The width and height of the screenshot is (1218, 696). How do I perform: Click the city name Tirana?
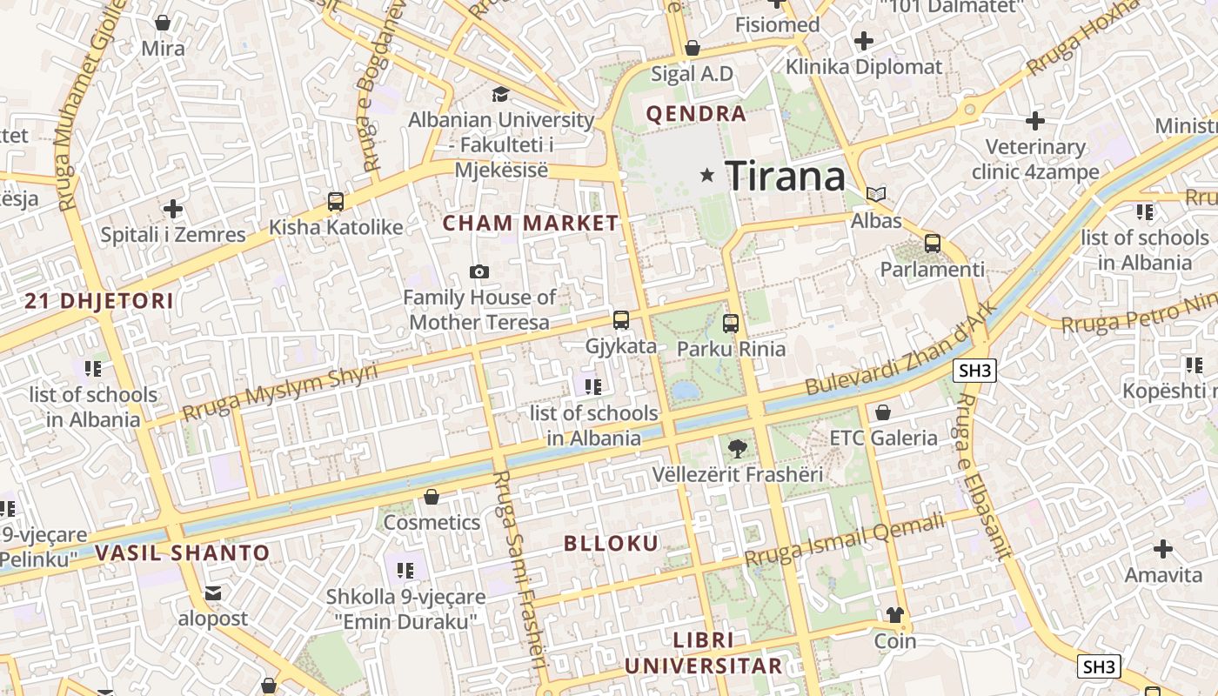785,177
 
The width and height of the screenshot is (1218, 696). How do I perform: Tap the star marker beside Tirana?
707,176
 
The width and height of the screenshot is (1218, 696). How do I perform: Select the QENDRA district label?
696,114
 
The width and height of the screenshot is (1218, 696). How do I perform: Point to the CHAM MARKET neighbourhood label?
531,224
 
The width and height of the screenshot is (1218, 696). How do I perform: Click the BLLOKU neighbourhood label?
612,544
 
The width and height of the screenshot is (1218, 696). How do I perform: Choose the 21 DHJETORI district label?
99,302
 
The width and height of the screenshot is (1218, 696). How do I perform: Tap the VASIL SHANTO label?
183,552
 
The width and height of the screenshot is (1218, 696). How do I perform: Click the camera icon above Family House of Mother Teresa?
478,272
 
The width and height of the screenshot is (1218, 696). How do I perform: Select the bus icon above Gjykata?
621,320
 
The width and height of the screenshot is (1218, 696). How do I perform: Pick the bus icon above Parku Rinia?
731,324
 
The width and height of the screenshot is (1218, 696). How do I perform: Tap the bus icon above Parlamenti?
933,244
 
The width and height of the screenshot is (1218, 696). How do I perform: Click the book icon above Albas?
876,194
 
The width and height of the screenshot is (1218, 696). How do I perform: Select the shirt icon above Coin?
895,615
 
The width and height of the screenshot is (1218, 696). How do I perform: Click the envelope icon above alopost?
213,593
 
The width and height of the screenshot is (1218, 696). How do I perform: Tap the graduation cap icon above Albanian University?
501,94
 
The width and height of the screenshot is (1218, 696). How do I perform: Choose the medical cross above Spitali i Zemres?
173,209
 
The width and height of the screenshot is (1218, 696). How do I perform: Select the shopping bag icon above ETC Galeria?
883,412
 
